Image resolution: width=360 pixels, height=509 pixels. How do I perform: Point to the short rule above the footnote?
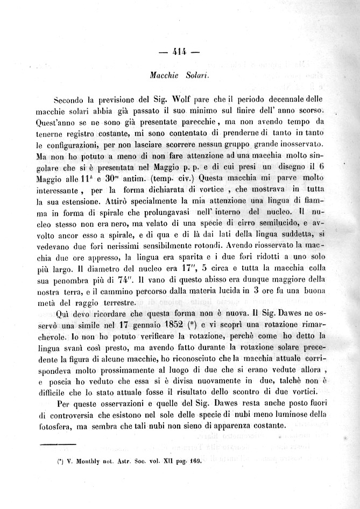pos(58,444)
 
